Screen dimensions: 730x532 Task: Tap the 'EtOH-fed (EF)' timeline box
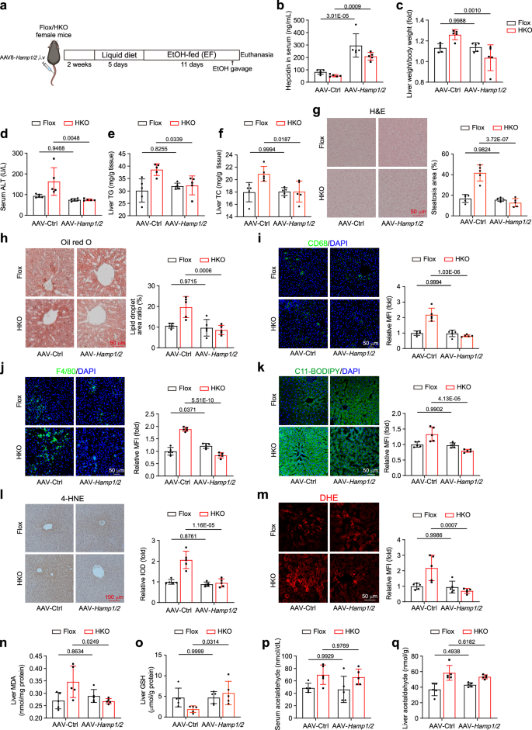pyautogui.click(x=191, y=56)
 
